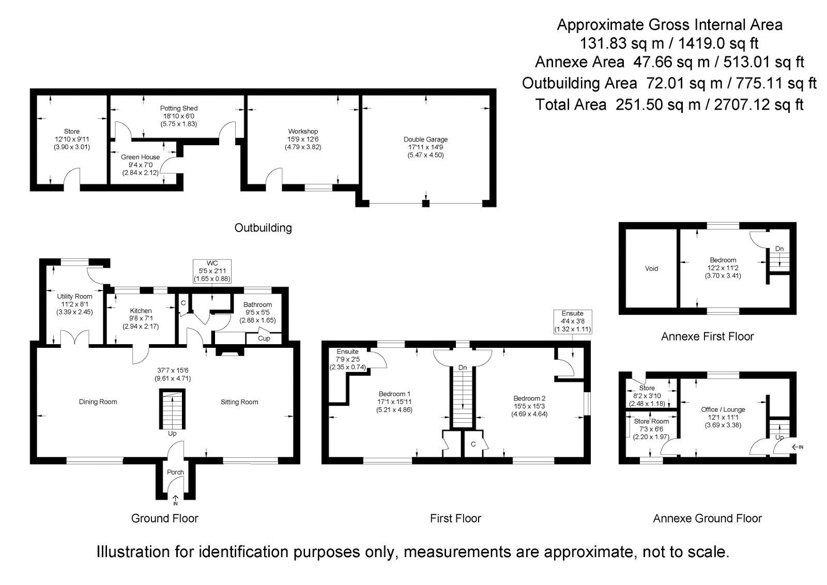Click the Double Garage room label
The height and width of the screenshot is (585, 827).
click(425, 140)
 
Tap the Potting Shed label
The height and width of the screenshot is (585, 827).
click(178, 109)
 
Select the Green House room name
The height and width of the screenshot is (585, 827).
click(140, 157)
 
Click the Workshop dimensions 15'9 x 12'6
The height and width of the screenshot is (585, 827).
click(303, 140)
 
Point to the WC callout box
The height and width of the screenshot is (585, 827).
click(212, 271)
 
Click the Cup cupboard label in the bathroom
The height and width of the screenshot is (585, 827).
click(264, 338)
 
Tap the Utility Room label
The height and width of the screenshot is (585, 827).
click(75, 297)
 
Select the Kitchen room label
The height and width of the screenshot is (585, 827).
click(141, 311)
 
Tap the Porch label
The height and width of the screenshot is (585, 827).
click(175, 472)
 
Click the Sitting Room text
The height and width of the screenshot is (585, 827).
click(239, 402)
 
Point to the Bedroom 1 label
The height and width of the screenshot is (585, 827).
click(394, 394)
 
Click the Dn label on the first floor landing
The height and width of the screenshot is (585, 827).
click(462, 367)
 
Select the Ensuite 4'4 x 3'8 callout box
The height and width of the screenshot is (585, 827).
click(572, 321)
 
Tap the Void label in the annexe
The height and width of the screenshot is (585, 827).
click(651, 269)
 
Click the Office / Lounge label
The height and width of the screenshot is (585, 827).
click(723, 410)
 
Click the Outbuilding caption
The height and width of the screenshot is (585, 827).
click(263, 228)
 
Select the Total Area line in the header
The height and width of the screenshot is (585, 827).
click(669, 105)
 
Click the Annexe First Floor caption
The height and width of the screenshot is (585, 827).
click(707, 337)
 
